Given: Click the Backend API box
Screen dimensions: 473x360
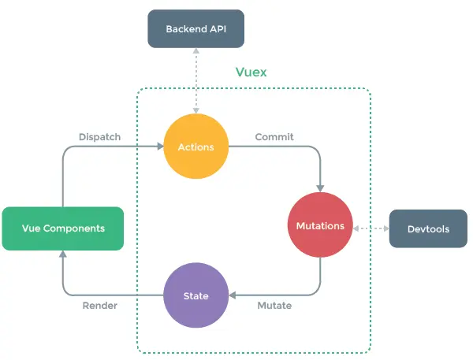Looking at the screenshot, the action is (x=196, y=28).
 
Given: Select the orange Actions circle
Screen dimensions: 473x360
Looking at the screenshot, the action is (x=196, y=147).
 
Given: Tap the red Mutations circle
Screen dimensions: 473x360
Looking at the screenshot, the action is (x=320, y=225).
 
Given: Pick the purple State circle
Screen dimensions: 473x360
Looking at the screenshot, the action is (x=196, y=295).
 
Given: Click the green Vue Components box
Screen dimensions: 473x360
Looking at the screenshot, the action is (x=63, y=228).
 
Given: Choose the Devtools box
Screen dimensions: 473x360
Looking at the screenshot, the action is (x=428, y=228).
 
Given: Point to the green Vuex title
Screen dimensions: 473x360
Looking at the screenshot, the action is (x=251, y=72).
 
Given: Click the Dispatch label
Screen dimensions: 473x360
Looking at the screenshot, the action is (x=99, y=137).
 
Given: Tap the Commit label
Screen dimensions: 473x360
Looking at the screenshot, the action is (x=274, y=137).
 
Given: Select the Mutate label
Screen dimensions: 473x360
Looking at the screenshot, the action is (x=274, y=306).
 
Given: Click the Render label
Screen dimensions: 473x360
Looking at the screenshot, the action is (x=100, y=306).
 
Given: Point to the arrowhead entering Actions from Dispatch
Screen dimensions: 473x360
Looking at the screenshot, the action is (x=161, y=147).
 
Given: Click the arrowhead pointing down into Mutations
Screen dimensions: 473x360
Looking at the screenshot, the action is (x=320, y=189).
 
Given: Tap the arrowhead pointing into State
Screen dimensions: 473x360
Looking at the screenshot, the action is (x=233, y=295).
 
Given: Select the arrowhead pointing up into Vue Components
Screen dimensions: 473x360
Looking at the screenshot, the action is (x=63, y=254).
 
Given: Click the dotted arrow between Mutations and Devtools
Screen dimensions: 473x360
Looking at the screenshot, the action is (x=371, y=228).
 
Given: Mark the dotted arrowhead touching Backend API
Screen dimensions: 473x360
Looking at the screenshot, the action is (x=196, y=51).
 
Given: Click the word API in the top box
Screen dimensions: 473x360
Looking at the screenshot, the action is (x=218, y=29).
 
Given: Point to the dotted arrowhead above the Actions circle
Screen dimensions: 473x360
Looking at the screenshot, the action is (x=196, y=110).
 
